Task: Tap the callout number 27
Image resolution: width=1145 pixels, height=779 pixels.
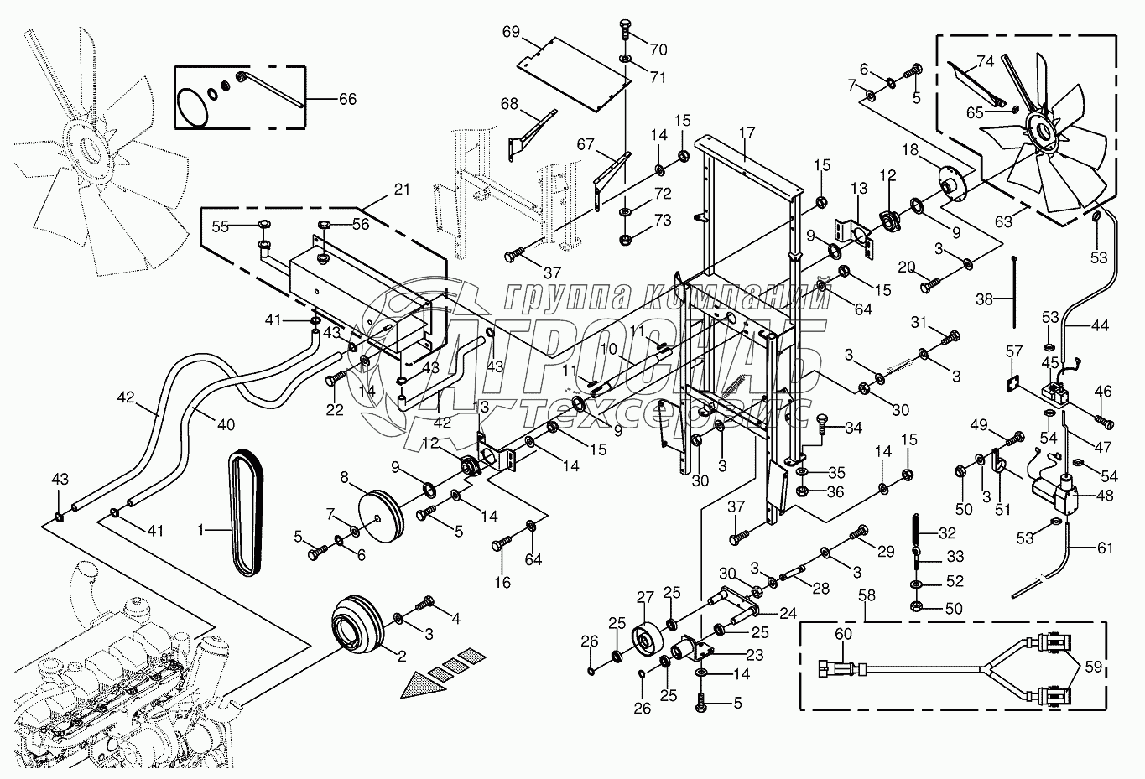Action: [643, 598]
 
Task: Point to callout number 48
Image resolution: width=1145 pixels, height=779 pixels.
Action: [1103, 496]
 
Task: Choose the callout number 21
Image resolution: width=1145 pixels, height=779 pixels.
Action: [402, 190]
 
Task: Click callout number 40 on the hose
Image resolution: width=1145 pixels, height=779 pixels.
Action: [226, 424]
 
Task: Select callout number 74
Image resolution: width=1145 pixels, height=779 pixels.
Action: [986, 61]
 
